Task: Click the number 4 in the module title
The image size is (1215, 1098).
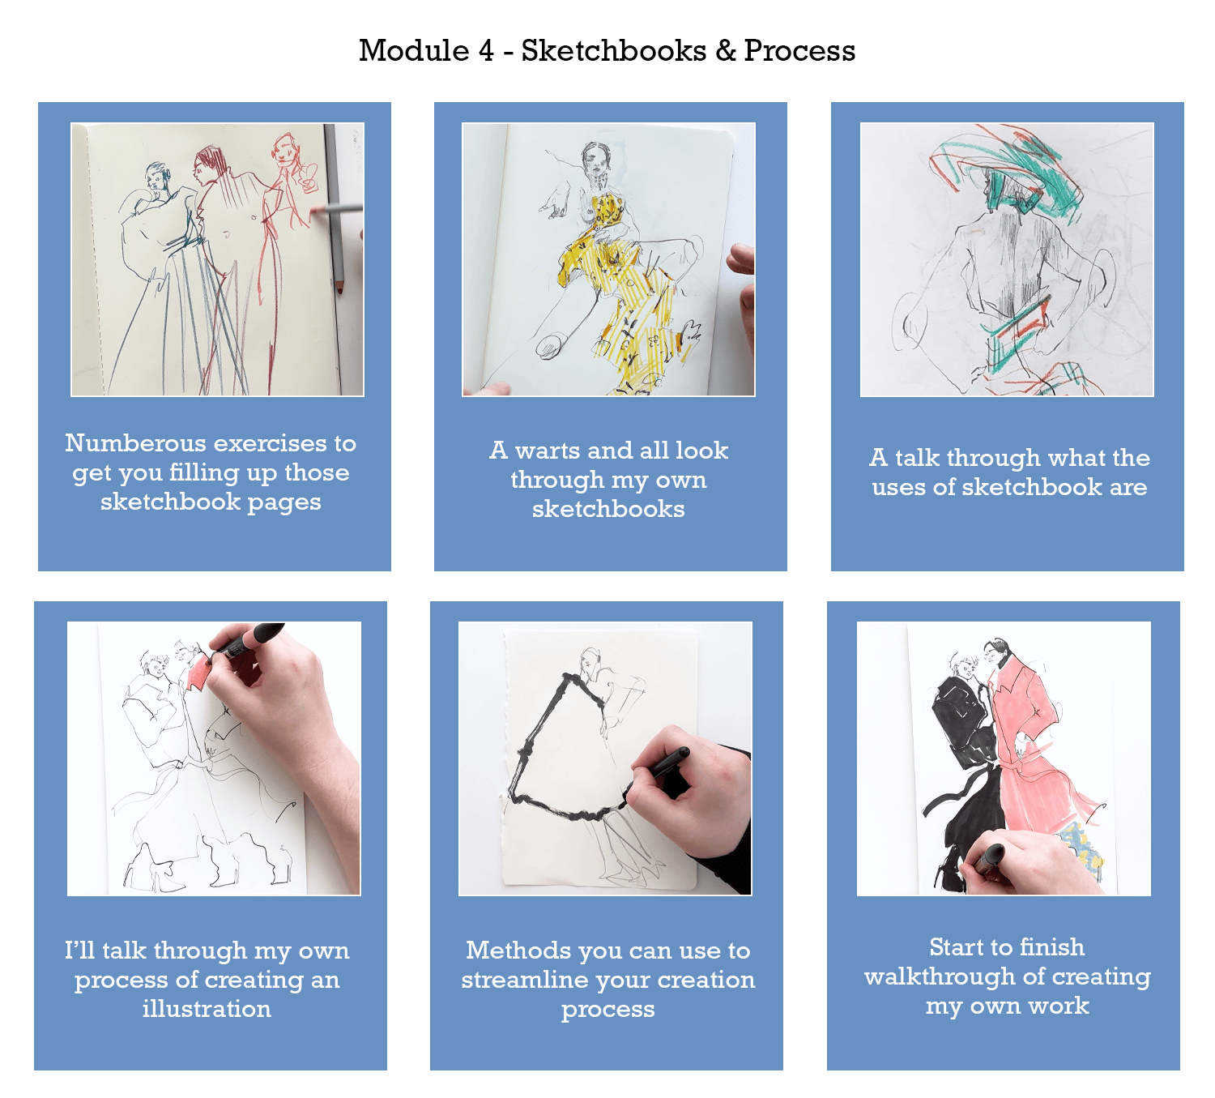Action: [x=486, y=51]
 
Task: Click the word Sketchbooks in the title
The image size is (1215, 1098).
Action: [x=613, y=50]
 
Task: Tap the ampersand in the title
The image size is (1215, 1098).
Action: [x=724, y=51]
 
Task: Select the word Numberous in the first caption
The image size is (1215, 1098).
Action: [x=135, y=443]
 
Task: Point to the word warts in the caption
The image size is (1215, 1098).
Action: [x=548, y=451]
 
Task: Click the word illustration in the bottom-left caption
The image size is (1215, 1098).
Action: [x=207, y=1009]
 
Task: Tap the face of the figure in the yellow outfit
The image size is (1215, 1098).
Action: [x=595, y=161]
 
